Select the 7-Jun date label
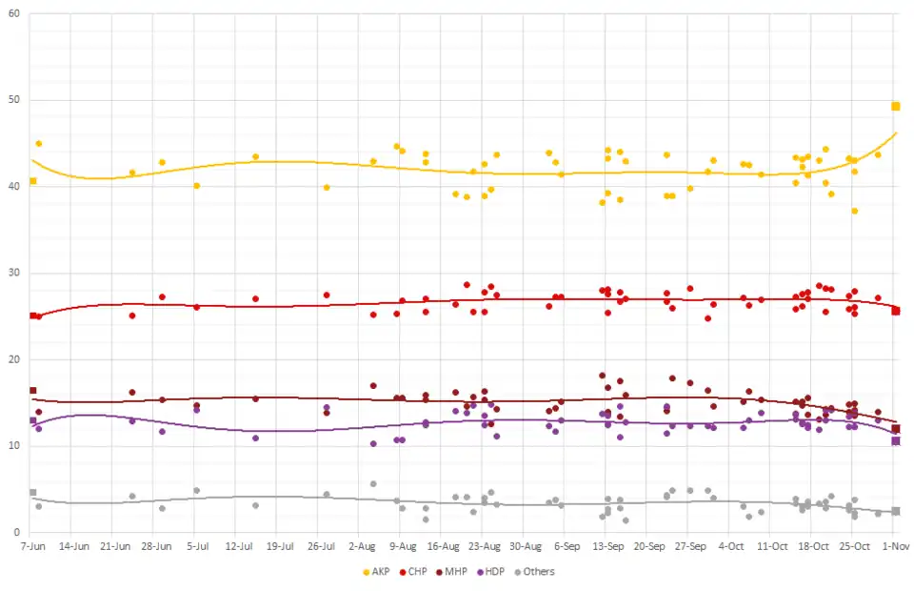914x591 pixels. (x=32, y=547)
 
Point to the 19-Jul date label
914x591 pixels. (x=279, y=547)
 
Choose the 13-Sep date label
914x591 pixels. (x=608, y=547)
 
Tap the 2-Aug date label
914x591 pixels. (x=362, y=547)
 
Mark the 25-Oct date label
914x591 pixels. (x=855, y=547)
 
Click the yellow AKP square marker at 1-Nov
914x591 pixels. (x=896, y=106)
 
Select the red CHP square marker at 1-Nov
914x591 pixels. (x=896, y=311)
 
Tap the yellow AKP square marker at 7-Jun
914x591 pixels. (x=33, y=181)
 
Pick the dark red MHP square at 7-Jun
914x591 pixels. (x=33, y=391)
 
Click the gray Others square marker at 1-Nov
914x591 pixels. (x=896, y=511)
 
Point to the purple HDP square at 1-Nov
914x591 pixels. (x=896, y=440)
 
